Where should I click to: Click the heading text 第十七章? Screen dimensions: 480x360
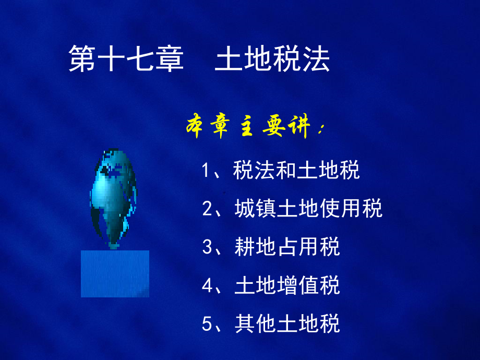tap(126, 59)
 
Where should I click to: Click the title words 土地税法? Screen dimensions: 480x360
tap(272, 59)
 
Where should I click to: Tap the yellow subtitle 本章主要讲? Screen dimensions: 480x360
tap(247, 126)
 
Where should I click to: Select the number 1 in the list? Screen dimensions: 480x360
tap(206, 170)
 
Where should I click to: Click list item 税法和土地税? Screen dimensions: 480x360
tap(296, 170)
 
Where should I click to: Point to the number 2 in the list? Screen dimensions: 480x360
tap(207, 209)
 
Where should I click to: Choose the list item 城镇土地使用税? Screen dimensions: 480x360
tap(308, 208)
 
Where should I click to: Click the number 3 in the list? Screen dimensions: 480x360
tap(207, 247)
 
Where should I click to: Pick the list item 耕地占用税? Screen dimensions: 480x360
tap(287, 246)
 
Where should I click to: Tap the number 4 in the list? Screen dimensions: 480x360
tap(207, 285)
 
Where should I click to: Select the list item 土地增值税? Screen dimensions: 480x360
tap(287, 285)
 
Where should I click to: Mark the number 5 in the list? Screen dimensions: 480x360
tap(207, 323)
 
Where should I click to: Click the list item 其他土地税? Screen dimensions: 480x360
tap(287, 323)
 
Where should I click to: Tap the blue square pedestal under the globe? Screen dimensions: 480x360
tap(115, 274)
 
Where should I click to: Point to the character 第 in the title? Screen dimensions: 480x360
tap(82, 59)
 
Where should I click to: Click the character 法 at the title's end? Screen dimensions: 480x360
tap(317, 59)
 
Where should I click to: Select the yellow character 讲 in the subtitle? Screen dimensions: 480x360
tap(298, 126)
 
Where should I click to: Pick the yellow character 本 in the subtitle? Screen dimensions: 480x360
tap(195, 126)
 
